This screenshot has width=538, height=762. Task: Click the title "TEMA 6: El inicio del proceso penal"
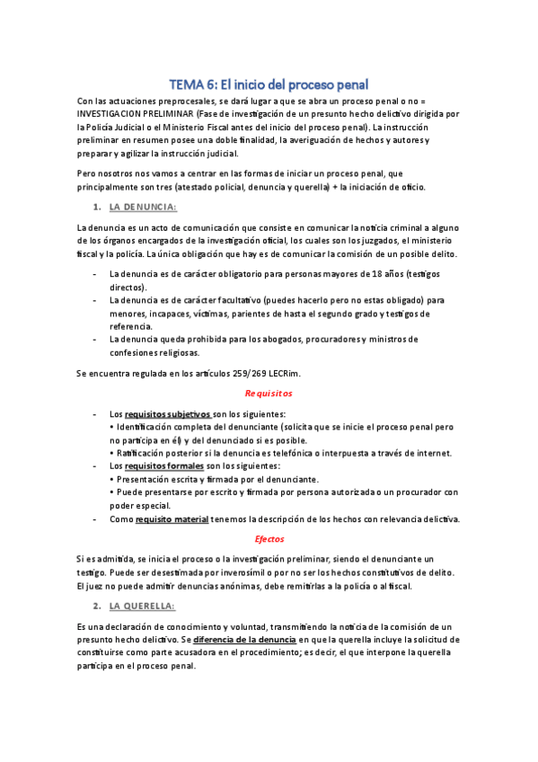269,85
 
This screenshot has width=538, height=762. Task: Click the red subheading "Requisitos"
269,394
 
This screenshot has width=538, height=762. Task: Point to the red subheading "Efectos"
269,538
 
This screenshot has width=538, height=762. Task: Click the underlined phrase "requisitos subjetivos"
167,414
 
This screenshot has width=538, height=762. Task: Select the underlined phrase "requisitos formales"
162,466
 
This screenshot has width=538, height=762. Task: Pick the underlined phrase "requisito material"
172,518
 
